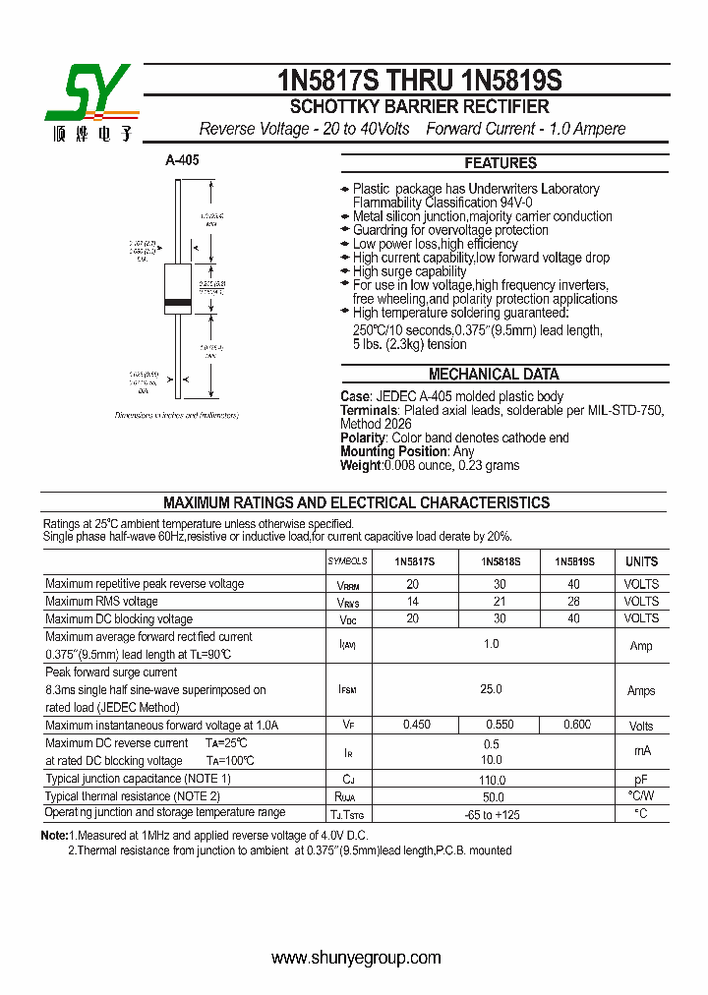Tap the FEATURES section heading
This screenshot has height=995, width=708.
click(501, 163)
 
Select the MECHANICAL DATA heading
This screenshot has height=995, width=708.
click(494, 375)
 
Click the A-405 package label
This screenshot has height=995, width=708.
click(182, 159)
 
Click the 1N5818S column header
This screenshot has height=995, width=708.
click(501, 561)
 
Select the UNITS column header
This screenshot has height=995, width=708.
click(641, 561)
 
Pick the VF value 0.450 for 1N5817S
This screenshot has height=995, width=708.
click(416, 726)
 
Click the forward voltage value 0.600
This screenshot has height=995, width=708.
click(577, 726)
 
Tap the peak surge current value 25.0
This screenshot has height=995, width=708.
click(492, 690)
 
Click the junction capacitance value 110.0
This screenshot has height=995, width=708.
click(492, 779)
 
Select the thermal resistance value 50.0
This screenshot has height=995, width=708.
click(492, 796)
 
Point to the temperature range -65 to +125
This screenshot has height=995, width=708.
click(492, 814)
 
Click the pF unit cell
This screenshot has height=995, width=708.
click(641, 779)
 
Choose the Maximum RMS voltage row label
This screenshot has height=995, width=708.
click(101, 602)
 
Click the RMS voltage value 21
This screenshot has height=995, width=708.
click(501, 602)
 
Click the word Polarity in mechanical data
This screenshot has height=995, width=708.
click(363, 438)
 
